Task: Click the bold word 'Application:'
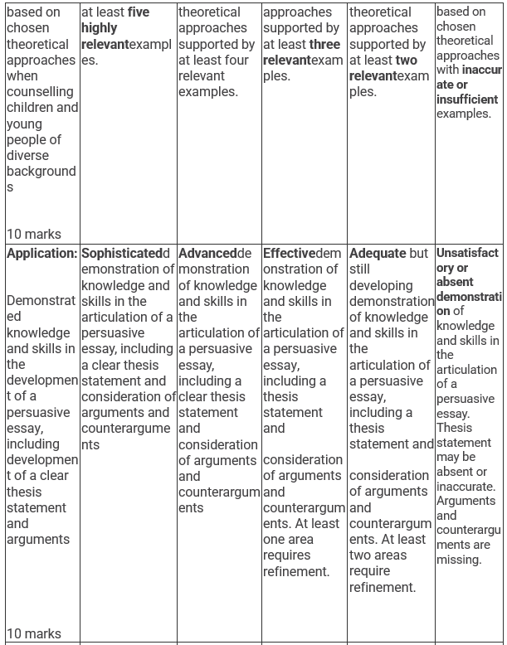tap(41, 254)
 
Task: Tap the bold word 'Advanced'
tap(207, 254)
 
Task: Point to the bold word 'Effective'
tap(289, 254)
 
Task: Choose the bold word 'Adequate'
tap(378, 254)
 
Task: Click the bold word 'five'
tap(139, 12)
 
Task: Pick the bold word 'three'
tap(324, 44)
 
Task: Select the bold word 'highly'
tap(99, 28)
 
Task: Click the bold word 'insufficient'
tap(467, 99)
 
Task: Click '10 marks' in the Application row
tap(33, 634)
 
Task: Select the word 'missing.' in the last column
tap(459, 560)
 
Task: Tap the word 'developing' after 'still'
tap(381, 285)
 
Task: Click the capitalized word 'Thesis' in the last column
tap(455, 428)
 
